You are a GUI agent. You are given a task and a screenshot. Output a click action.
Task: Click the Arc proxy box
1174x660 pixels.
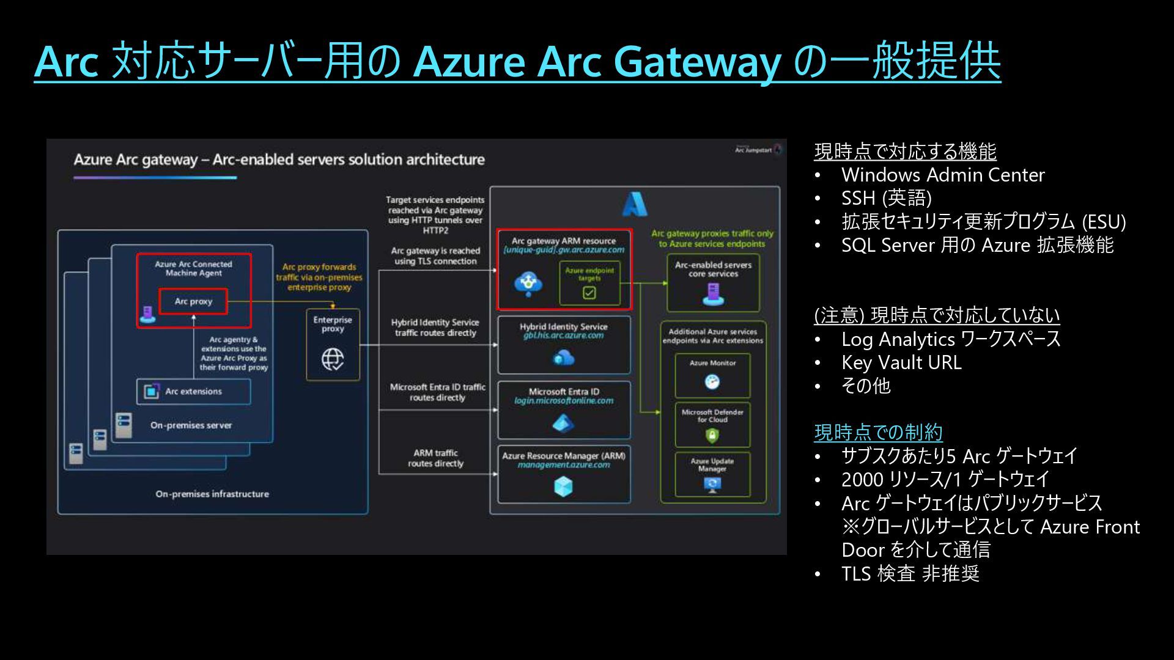(193, 301)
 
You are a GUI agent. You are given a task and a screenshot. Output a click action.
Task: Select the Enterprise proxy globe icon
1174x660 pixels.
(333, 359)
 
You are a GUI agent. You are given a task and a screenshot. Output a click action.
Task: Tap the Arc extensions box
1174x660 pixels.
(193, 391)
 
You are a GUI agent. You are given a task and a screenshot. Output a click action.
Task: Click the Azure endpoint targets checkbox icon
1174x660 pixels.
(589, 293)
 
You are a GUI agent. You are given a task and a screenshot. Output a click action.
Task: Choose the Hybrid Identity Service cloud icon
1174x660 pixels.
(564, 358)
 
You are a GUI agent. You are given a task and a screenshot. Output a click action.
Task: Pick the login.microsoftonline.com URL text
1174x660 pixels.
(564, 401)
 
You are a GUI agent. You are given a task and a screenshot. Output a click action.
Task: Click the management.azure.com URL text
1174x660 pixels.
(564, 465)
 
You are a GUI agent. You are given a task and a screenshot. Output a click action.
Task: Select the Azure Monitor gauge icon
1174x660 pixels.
(712, 382)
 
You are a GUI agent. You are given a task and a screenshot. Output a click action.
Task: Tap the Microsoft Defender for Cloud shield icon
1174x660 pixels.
(712, 435)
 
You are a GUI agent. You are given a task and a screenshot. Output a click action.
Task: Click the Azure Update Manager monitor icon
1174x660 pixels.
(712, 485)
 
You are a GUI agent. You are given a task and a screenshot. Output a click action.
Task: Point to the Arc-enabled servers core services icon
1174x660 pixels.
(713, 295)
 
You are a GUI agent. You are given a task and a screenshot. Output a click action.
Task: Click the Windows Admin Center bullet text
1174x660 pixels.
(943, 175)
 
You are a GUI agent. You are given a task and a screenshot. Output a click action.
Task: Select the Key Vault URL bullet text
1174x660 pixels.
(901, 362)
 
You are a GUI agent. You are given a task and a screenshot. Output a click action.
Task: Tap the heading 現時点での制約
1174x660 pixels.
(878, 432)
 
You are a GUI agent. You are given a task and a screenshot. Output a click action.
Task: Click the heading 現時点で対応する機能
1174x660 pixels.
(905, 151)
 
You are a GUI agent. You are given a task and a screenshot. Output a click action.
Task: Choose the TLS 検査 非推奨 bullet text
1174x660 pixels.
(910, 573)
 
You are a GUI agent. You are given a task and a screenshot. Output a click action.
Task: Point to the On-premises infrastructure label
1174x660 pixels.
(212, 494)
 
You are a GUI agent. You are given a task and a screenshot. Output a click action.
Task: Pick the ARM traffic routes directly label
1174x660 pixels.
(435, 458)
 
